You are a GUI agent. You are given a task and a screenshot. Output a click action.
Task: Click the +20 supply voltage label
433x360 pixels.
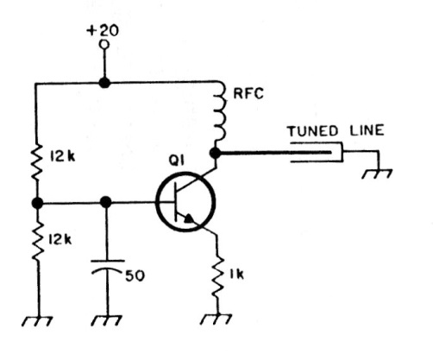tap(103, 30)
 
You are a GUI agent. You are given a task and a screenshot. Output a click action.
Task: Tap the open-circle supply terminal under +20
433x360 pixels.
tap(104, 45)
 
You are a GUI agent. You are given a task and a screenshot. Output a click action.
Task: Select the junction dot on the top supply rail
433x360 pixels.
tap(104, 83)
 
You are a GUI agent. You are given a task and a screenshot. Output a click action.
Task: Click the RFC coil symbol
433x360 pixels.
tap(221, 112)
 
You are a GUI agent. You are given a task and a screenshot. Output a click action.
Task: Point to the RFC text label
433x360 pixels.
tap(248, 94)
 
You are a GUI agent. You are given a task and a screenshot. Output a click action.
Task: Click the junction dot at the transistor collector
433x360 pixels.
tap(216, 153)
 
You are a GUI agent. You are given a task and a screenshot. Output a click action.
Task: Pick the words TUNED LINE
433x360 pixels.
tap(336, 131)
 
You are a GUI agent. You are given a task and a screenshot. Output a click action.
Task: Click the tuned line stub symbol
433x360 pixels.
tap(317, 152)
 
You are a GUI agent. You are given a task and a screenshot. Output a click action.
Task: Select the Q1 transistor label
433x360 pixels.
tap(176, 161)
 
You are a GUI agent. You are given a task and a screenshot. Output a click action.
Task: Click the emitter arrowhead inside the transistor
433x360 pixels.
tap(189, 219)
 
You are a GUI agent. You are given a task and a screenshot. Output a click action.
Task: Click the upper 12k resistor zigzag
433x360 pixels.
tap(37, 163)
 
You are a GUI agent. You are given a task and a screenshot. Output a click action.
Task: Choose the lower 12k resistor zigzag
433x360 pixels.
tap(38, 240)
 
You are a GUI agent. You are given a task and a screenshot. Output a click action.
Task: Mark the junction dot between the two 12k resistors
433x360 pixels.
tap(37, 203)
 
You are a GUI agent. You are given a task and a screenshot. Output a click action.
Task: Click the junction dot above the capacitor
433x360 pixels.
tap(106, 202)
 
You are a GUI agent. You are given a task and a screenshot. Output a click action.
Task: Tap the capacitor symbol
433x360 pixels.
tap(108, 267)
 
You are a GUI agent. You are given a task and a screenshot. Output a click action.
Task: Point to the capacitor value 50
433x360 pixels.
tap(135, 276)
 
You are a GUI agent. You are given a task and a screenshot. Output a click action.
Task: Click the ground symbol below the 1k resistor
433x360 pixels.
tap(216, 319)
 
